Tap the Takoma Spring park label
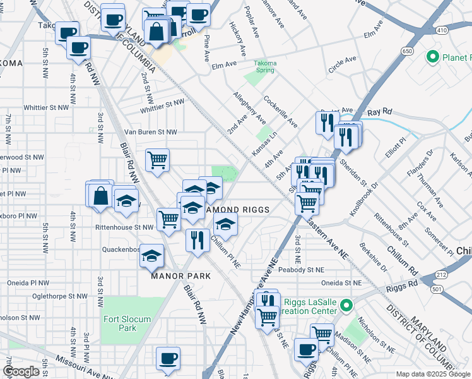point(266,67)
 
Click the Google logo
point(21,371)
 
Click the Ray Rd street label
point(380,111)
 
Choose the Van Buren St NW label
point(150,132)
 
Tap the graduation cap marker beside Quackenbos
point(151,256)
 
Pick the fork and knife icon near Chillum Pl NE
point(198,239)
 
